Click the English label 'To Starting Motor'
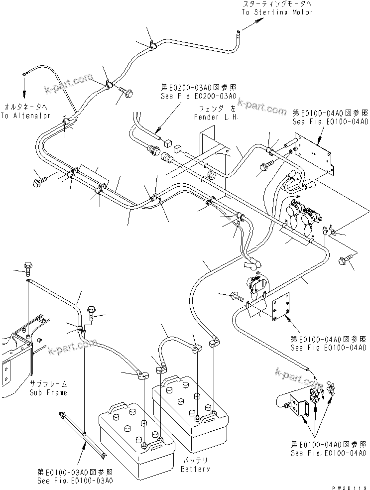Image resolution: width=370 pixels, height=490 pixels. click(x=277, y=12)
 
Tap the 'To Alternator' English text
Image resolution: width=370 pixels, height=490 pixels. click(x=25, y=116)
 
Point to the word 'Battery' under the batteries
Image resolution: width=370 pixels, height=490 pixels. click(x=195, y=469)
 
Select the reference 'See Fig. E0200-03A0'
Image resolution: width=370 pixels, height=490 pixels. click(x=198, y=96)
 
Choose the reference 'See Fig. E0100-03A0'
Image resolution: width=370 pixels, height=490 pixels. click(x=75, y=481)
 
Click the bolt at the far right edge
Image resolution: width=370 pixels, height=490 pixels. click(x=344, y=259)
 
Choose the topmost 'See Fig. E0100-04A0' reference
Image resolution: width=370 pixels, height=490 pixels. click(x=330, y=121)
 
